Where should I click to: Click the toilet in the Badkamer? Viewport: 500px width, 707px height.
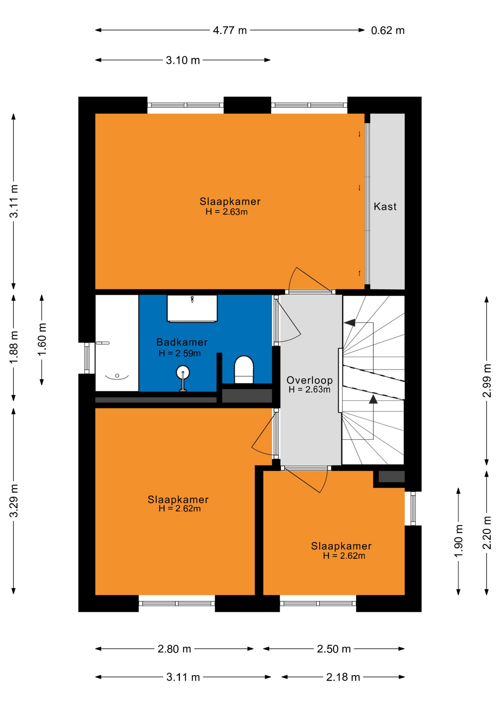pyautogui.click(x=244, y=369)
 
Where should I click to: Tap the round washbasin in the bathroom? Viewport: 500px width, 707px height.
pyautogui.click(x=183, y=373)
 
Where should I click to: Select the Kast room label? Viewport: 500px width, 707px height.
pyautogui.click(x=385, y=206)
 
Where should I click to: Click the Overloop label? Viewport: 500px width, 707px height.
pyautogui.click(x=310, y=380)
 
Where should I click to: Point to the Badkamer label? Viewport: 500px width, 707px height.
pyautogui.click(x=182, y=342)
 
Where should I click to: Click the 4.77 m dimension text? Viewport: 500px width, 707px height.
pyautogui.click(x=230, y=30)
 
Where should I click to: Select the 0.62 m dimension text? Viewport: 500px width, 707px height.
pyautogui.click(x=388, y=30)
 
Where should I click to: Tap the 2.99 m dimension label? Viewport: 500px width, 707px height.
pyautogui.click(x=487, y=380)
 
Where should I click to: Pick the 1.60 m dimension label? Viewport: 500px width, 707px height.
pyautogui.click(x=42, y=340)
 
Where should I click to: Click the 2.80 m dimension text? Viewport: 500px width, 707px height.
pyautogui.click(x=174, y=649)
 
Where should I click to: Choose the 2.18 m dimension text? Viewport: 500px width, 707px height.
pyautogui.click(x=343, y=677)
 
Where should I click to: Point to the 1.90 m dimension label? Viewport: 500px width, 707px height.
pyautogui.click(x=458, y=541)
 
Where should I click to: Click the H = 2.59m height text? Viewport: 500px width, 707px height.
pyautogui.click(x=180, y=353)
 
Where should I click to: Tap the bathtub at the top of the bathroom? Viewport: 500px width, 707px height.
pyautogui.click(x=192, y=308)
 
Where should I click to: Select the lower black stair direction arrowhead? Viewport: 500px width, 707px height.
pyautogui.click(x=373, y=399)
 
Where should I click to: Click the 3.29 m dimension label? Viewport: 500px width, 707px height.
pyautogui.click(x=14, y=501)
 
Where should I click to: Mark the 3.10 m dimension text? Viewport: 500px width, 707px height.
pyautogui.click(x=183, y=60)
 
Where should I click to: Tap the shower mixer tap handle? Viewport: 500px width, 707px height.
pyautogui.click(x=103, y=343)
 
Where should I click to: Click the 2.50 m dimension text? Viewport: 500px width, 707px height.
pyautogui.click(x=334, y=649)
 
